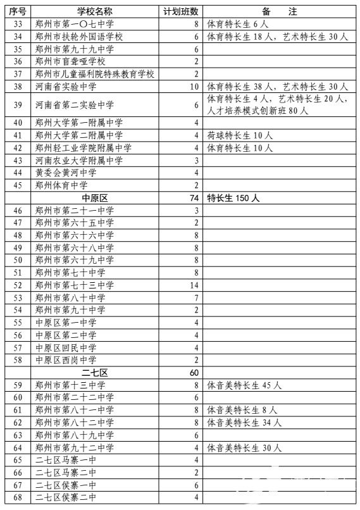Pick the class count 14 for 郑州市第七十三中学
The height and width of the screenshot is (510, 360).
point(194,285)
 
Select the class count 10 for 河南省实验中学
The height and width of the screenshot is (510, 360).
point(194,86)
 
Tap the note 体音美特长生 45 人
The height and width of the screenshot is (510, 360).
point(244,385)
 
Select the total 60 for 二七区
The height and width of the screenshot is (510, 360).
point(194,372)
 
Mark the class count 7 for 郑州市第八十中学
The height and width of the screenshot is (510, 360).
point(197,297)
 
